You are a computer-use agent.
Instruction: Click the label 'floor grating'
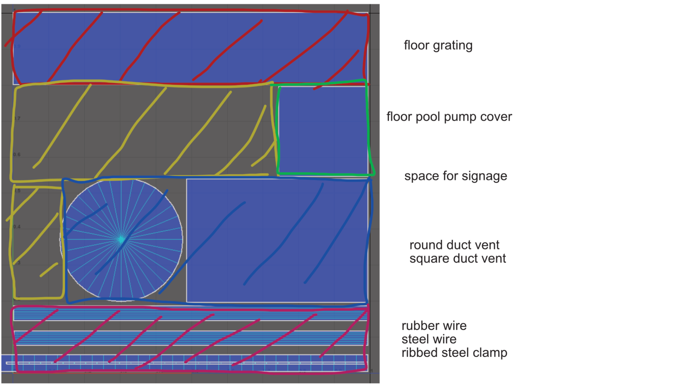click(x=438, y=46)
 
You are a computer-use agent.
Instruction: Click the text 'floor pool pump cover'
click(x=449, y=117)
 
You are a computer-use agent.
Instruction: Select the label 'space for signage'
click(x=456, y=176)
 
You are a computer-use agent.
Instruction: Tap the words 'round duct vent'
click(x=454, y=245)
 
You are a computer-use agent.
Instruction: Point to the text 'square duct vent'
click(x=457, y=259)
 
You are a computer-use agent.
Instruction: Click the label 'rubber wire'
click(x=434, y=326)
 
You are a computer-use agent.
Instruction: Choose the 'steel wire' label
click(x=429, y=339)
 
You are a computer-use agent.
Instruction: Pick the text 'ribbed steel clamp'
click(x=454, y=353)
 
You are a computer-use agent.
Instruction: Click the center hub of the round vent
click(x=121, y=240)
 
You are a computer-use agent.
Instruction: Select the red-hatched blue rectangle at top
click(x=190, y=48)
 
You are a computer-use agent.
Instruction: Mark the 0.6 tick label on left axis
click(x=17, y=155)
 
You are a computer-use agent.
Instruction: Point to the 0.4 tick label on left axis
click(x=17, y=227)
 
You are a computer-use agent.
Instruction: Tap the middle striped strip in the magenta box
click(x=190, y=338)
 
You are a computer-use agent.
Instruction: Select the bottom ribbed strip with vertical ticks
click(x=190, y=363)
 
